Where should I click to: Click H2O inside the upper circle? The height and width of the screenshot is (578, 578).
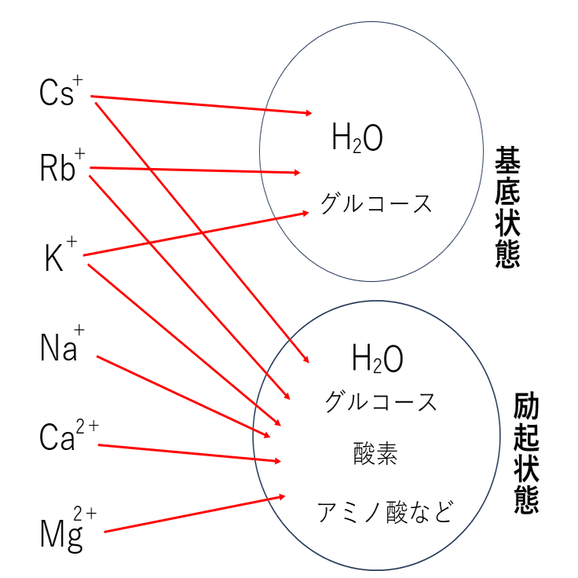[357, 140]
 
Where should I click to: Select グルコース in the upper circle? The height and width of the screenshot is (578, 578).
[376, 204]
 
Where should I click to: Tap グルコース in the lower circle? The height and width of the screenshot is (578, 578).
[381, 402]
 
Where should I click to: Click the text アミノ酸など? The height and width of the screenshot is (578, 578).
[385, 512]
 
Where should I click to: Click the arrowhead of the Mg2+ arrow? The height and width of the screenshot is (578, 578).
[283, 496]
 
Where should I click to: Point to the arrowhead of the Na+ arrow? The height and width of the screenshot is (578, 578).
[269, 436]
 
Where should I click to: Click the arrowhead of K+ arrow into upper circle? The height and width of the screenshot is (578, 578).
[306, 212]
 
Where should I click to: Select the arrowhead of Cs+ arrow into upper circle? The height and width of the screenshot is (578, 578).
[309, 113]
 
